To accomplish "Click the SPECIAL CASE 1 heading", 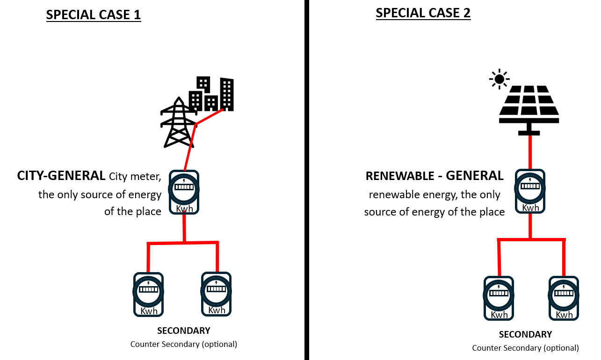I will pos(93,14).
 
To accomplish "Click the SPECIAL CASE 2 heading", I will pos(423,13).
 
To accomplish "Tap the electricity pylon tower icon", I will pos(178,122).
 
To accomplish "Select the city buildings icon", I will pos(211,94).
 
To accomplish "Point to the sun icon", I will pos(499,79).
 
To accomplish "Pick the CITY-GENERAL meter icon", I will pos(184,192).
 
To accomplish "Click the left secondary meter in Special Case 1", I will pos(148,294).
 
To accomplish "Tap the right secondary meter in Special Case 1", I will pos(216,293).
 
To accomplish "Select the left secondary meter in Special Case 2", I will pos(499,298).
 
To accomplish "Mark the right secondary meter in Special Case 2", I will pos(564,298).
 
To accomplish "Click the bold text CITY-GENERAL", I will pos(61,176).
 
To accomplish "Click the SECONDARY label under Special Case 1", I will pos(183,331).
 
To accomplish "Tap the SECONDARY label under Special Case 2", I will pos(525,334).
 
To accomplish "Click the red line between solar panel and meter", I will pos(529,152).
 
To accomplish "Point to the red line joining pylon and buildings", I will pos(209,117).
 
